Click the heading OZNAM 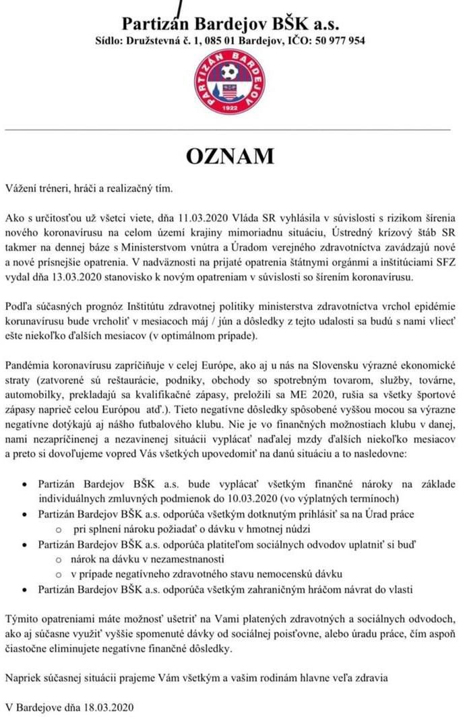pos(230,156)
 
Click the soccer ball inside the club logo pos(230,71)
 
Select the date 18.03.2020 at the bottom pos(109,707)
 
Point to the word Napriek pos(24,677)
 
